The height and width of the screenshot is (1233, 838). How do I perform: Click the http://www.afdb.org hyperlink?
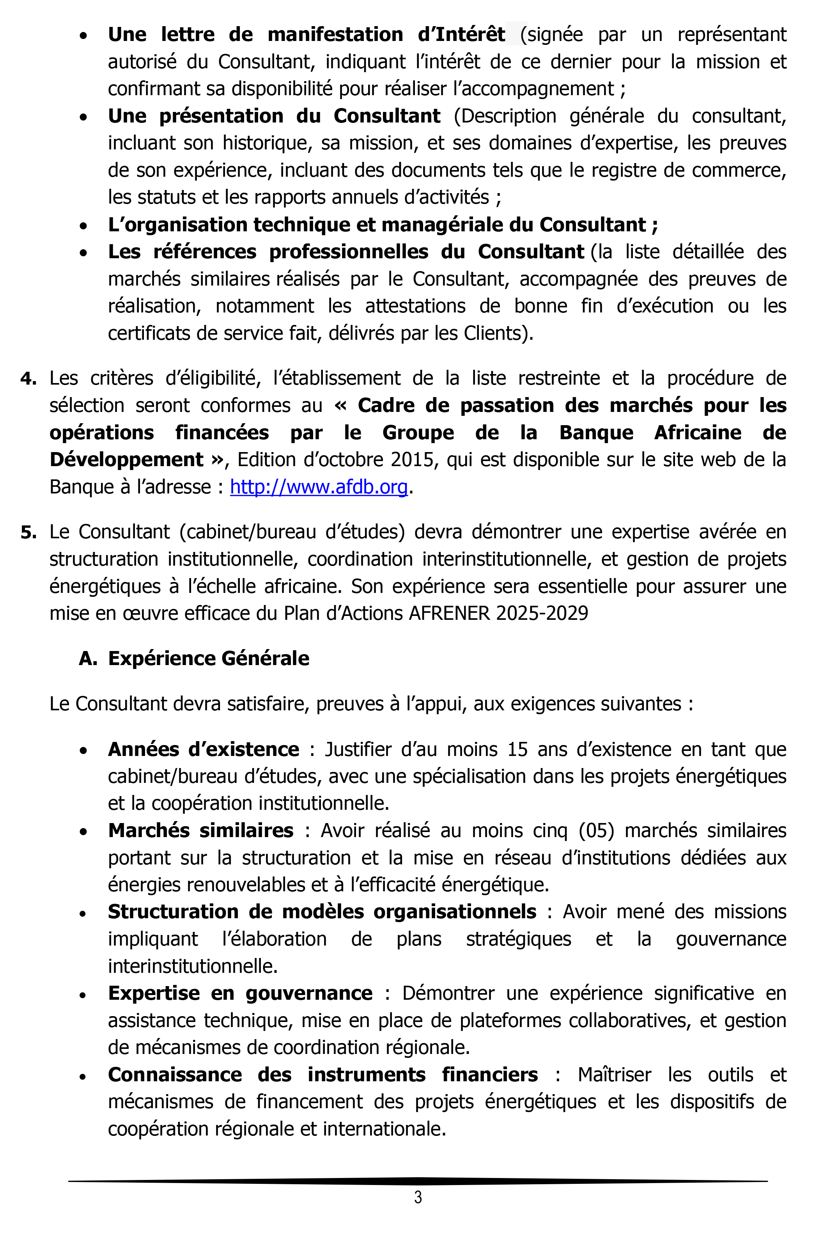tap(319, 486)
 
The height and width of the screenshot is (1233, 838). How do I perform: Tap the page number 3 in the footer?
tap(418, 1197)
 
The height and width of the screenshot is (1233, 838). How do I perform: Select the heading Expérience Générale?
tap(209, 658)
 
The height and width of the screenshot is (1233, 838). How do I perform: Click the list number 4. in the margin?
tap(28, 379)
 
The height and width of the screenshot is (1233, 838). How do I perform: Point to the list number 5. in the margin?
tap(28, 532)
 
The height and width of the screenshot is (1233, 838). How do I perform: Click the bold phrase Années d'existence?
tap(204, 749)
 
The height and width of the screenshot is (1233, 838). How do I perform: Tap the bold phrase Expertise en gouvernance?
tap(240, 993)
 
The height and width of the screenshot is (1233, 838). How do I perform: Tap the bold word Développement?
tap(126, 459)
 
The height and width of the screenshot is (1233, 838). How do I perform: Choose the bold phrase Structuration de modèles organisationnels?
tap(322, 912)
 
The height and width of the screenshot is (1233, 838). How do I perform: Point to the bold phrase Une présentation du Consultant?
tap(274, 116)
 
